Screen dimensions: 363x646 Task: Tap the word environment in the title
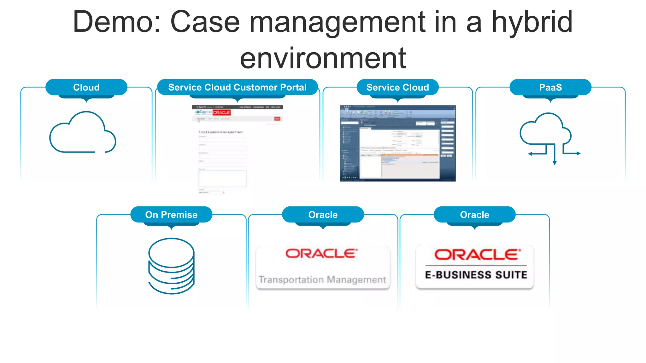tap(323, 58)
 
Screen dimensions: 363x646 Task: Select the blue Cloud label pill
tap(86, 87)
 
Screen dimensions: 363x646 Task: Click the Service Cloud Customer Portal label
tap(237, 87)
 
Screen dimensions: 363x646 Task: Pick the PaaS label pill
tap(550, 87)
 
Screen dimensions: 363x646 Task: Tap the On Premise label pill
tap(171, 215)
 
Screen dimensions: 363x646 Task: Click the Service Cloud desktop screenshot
tap(397, 143)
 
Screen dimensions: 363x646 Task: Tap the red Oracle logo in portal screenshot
tap(221, 112)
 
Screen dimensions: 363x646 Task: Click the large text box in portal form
tap(222, 179)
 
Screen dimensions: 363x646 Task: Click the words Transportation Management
tap(322, 279)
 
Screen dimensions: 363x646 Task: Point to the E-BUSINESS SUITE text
tap(476, 275)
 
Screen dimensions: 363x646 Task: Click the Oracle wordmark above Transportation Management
tap(321, 254)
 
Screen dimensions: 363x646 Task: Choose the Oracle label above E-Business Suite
tap(474, 215)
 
